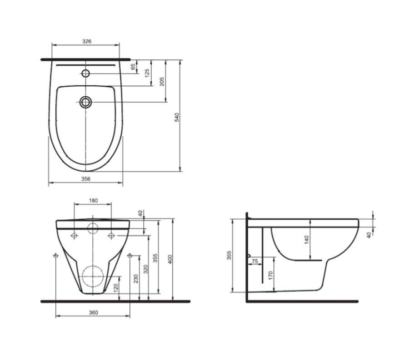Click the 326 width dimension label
(x=87, y=41)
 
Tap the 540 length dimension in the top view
(x=177, y=117)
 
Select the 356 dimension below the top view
(x=86, y=179)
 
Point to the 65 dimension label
(x=133, y=67)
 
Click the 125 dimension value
(x=147, y=73)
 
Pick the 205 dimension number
(x=162, y=81)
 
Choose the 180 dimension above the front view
(x=93, y=200)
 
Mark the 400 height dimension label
(x=170, y=259)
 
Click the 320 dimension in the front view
(x=146, y=269)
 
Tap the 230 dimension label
(x=135, y=278)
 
